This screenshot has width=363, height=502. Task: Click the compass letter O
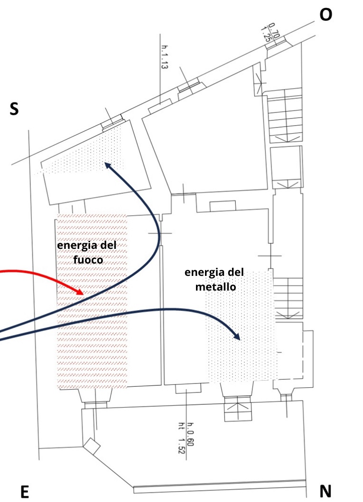tap(326, 15)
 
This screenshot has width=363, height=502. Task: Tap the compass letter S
tap(14, 109)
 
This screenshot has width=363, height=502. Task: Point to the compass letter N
tap(326, 492)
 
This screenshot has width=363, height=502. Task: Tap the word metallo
tap(214, 287)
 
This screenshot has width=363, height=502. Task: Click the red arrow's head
tap(81, 292)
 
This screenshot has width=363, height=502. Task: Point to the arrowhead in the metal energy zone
tap(237, 337)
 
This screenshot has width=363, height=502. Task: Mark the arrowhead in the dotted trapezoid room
tap(107, 164)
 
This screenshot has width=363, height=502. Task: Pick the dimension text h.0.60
tap(190, 433)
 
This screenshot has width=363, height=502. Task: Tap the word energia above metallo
tap(214, 273)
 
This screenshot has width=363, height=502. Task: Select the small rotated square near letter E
tap(91, 445)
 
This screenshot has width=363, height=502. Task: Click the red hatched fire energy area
tap(93, 332)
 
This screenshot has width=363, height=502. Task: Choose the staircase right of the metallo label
tap(289, 298)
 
